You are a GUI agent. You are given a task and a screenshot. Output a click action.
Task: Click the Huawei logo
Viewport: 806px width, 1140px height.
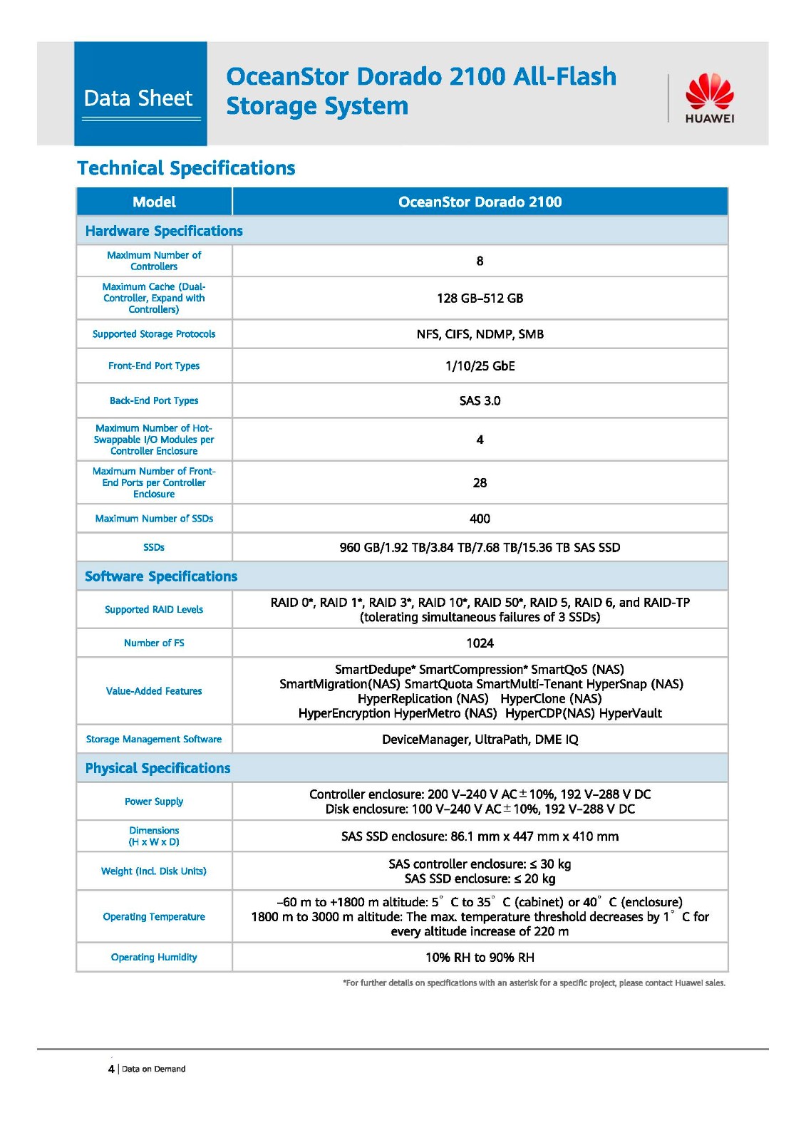pyautogui.click(x=709, y=98)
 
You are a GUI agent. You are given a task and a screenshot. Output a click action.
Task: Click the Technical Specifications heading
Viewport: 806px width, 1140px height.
pyautogui.click(x=186, y=168)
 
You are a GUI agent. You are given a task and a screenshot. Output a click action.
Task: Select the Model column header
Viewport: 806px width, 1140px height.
pyautogui.click(x=154, y=202)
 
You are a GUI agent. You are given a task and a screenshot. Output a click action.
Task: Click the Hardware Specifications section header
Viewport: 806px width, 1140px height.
pyautogui.click(x=164, y=231)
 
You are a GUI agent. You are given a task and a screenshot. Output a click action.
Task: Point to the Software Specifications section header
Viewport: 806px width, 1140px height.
pyautogui.click(x=161, y=576)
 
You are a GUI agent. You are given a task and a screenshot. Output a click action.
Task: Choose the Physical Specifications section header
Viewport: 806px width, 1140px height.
pyautogui.click(x=157, y=768)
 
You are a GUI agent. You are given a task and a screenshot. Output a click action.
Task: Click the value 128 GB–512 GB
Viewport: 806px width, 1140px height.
pyautogui.click(x=480, y=298)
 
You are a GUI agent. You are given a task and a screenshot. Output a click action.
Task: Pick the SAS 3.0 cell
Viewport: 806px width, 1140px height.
pyautogui.click(x=480, y=400)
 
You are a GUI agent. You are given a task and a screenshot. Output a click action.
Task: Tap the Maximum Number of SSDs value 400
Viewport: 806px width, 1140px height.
pyautogui.click(x=480, y=519)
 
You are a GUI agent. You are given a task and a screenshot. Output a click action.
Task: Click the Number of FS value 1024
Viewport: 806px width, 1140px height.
pyautogui.click(x=480, y=643)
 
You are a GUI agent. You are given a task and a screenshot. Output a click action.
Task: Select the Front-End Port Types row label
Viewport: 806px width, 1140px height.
pyautogui.click(x=154, y=366)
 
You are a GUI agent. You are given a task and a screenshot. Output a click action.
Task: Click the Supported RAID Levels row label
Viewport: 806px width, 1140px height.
pyautogui.click(x=154, y=609)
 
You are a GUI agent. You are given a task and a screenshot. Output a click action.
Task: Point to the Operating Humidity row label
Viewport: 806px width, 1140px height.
pyautogui.click(x=154, y=957)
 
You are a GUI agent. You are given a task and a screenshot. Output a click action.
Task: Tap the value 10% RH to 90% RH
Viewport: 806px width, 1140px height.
pyautogui.click(x=480, y=957)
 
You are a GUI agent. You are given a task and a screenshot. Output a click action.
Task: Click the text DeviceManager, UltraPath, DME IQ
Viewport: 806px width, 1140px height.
pyautogui.click(x=480, y=739)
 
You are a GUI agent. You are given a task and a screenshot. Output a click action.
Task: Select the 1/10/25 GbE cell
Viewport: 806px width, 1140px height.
pyautogui.click(x=480, y=366)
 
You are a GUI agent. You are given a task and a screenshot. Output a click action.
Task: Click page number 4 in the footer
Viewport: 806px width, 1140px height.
pyautogui.click(x=111, y=1069)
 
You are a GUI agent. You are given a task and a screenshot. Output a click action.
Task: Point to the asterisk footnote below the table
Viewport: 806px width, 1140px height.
pyautogui.click(x=534, y=983)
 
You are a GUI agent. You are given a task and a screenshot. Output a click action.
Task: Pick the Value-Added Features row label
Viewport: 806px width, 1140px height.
pyautogui.click(x=154, y=690)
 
